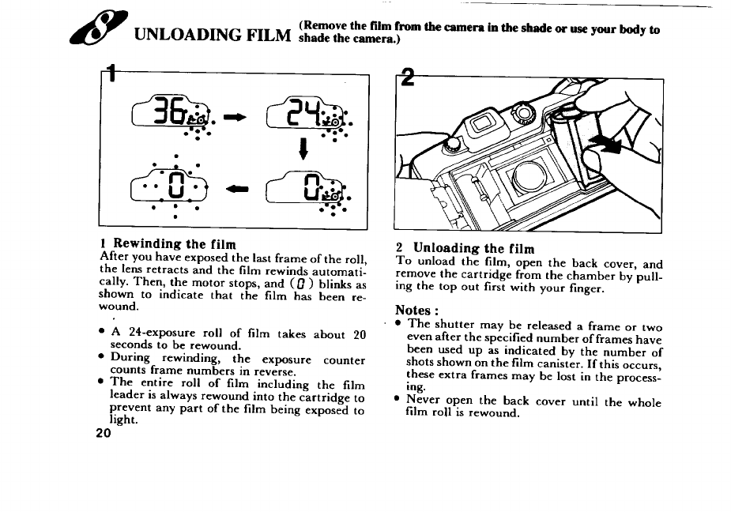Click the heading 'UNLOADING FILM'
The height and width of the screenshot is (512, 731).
click(x=212, y=36)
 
